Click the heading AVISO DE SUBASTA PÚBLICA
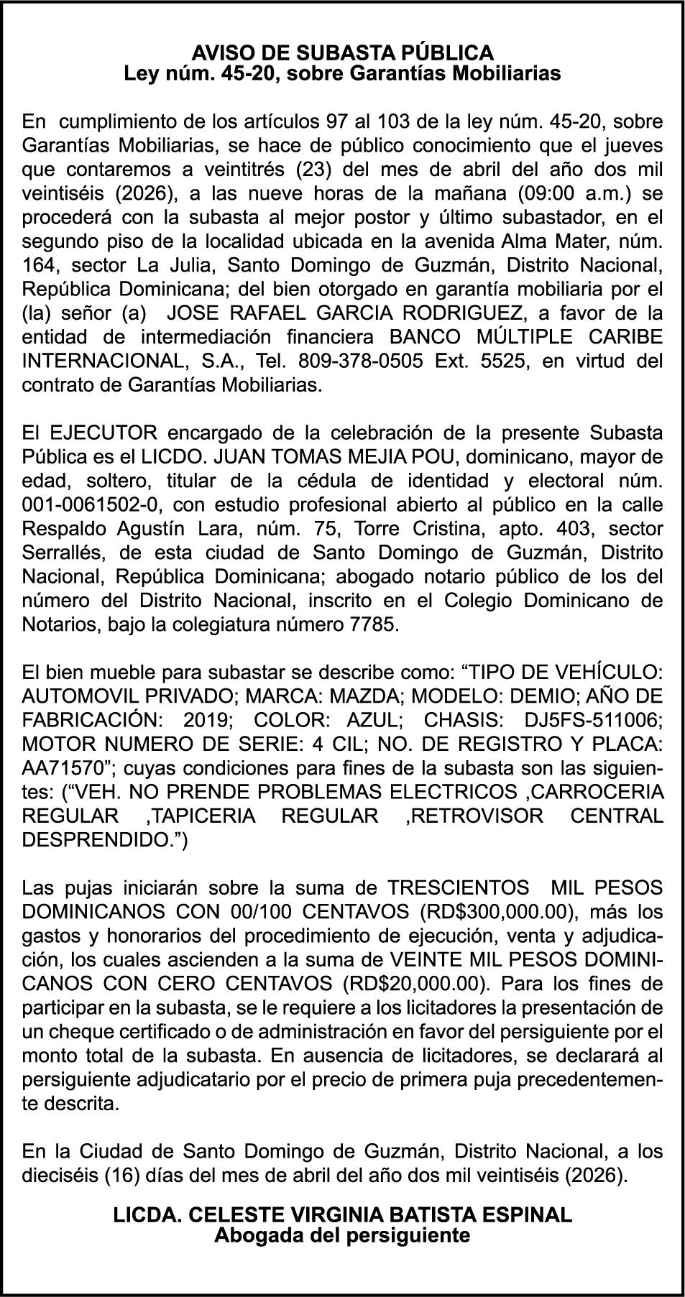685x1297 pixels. pos(342,52)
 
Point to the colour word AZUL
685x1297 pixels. pos(373,720)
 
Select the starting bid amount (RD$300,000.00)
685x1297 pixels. pos(497,912)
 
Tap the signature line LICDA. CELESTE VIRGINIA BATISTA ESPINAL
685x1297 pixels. pos(342,1214)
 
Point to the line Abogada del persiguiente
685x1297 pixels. pos(342,1235)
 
